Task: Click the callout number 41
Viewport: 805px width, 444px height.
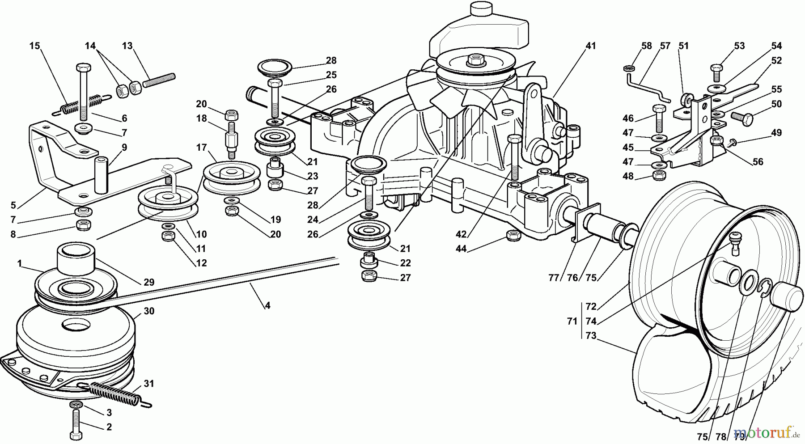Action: point(591,46)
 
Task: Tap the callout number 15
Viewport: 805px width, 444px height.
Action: point(34,46)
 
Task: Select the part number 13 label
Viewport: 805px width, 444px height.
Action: point(127,46)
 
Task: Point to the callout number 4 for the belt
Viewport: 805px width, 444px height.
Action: point(267,306)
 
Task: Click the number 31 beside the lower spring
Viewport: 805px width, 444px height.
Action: point(148,384)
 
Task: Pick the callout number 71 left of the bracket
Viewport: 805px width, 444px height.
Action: point(572,321)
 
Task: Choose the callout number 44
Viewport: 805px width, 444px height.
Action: point(461,249)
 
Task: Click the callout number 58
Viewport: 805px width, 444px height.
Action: point(646,46)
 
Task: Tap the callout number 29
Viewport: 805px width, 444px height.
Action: point(148,282)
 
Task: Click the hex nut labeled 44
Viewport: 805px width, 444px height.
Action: point(513,236)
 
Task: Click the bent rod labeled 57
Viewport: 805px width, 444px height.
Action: point(648,89)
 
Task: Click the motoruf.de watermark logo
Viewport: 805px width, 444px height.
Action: point(765,432)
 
